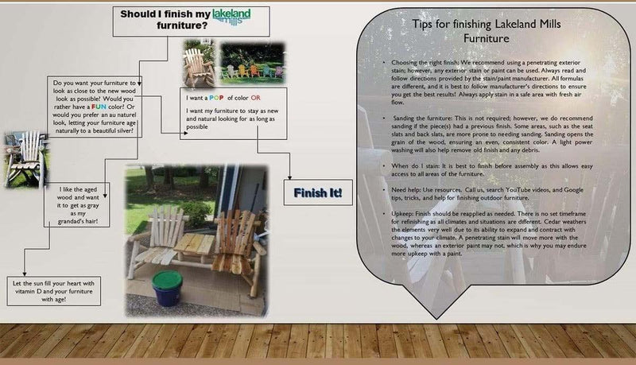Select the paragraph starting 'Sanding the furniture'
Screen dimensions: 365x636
pos(485,130)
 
